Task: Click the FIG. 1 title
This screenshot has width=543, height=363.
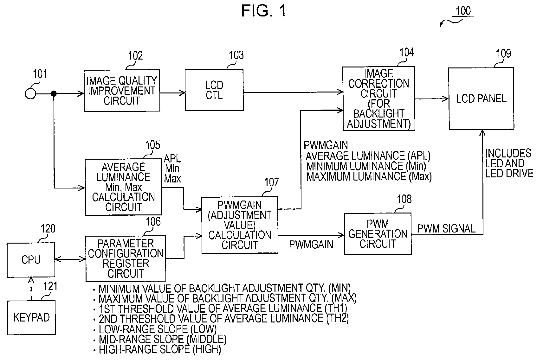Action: pos(263,11)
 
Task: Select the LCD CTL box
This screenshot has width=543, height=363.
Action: pos(214,90)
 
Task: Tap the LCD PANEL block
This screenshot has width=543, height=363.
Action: pos(481,99)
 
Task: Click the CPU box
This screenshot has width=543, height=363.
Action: pos(31,260)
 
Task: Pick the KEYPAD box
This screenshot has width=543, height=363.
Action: pos(31,317)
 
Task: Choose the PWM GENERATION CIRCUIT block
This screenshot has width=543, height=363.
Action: pos(378,234)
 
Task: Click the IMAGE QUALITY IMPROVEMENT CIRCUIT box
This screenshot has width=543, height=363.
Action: pos(122,91)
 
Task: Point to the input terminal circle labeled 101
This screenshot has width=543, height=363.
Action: pos(30,94)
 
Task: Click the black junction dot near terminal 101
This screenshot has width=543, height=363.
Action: pos(54,93)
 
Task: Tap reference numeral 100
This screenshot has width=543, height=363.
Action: pos(463,11)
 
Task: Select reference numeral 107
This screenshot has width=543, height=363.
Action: pos(271,182)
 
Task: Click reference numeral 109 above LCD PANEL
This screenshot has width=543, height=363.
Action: pos(503,54)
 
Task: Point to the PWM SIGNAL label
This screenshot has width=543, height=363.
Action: pos(446,229)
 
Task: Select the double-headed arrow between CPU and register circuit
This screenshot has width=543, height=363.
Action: pos(70,260)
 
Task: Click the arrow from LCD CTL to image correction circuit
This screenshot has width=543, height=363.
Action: pos(293,92)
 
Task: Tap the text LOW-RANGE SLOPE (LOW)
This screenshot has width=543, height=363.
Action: pos(158,329)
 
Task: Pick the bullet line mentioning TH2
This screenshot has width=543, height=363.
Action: pos(221,319)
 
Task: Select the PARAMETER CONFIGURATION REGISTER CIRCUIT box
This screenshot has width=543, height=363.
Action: pos(126,258)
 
